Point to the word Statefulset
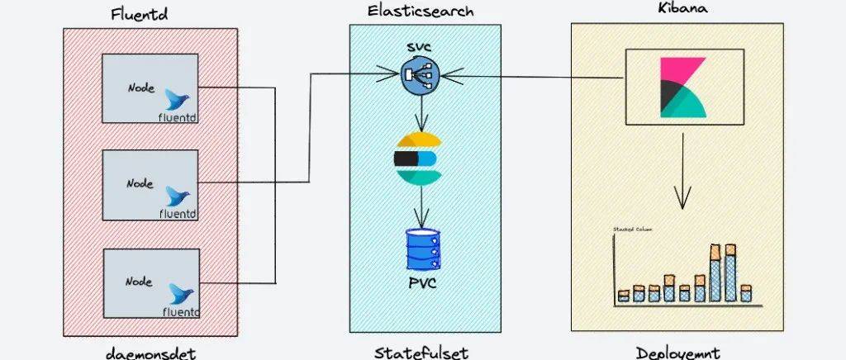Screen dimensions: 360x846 pos(421,353)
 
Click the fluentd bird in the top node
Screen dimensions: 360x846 pos(175,100)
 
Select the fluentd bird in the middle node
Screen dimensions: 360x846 pos(175,197)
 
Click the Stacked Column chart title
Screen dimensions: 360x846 pos(633,229)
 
